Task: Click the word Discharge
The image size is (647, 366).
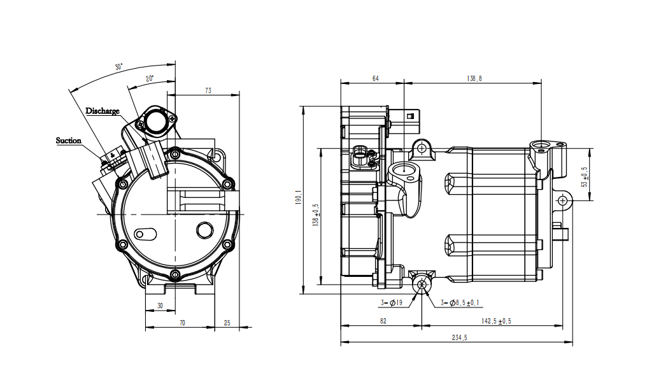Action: [x=103, y=111]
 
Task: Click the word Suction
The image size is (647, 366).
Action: [x=69, y=140]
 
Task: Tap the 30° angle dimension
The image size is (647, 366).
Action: [x=118, y=67]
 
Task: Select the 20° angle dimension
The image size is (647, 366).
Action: [x=149, y=79]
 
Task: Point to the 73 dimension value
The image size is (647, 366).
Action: [x=208, y=91]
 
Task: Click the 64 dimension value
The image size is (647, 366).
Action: [x=375, y=78]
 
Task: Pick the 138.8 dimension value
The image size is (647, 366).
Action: [x=474, y=78]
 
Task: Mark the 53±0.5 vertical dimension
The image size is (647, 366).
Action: [x=585, y=176]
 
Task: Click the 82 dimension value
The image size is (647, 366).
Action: [x=383, y=321]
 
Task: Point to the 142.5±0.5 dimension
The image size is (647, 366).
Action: [x=497, y=321]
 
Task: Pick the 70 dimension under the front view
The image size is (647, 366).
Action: [x=182, y=323]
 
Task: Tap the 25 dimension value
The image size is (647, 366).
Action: [x=227, y=323]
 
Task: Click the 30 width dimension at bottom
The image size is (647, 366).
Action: [x=160, y=306]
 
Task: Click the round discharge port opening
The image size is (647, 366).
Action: [x=154, y=120]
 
